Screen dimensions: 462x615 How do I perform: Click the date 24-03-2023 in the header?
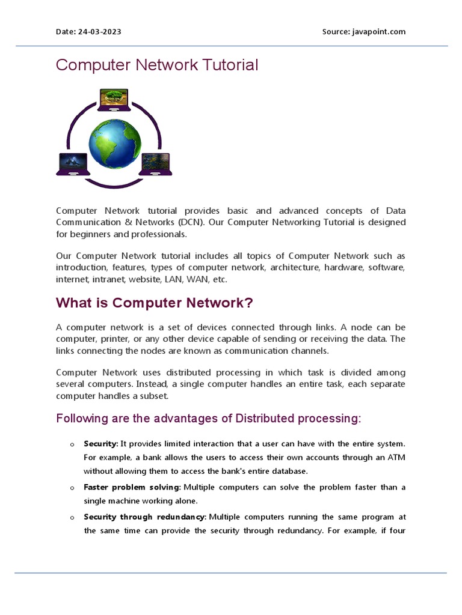[x=99, y=32]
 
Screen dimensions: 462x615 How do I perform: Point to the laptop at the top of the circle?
[x=114, y=100]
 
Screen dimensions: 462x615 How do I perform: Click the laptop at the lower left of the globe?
[x=73, y=164]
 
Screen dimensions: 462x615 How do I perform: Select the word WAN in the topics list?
[x=194, y=279]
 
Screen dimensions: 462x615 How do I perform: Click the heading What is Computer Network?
[x=155, y=303]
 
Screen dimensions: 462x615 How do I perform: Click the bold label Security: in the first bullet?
[x=101, y=444]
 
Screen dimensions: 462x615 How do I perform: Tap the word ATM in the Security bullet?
[x=395, y=457]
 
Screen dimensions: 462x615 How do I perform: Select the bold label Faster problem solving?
[x=132, y=487]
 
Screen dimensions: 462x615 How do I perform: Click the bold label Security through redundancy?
[x=145, y=517]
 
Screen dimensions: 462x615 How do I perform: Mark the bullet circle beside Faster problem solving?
[x=72, y=488]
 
